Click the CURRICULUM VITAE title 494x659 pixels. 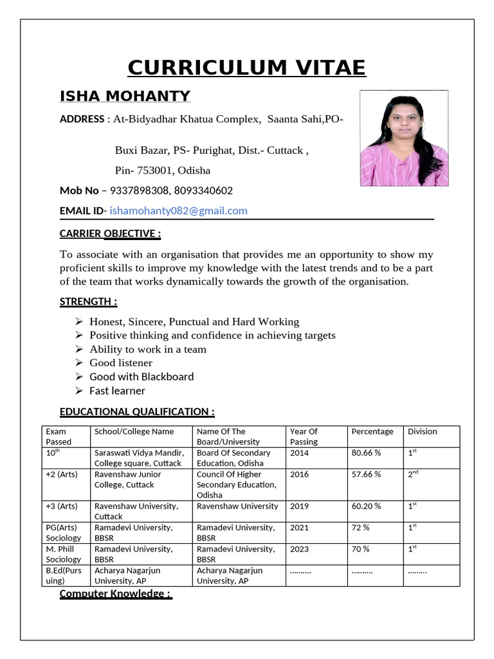click(x=246, y=68)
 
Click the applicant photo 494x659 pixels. click(x=403, y=138)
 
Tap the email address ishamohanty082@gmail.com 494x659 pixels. click(x=178, y=210)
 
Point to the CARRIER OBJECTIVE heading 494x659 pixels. click(x=110, y=233)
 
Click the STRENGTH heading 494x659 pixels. click(x=88, y=302)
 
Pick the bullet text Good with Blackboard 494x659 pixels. click(x=142, y=376)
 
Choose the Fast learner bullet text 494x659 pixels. click(x=117, y=391)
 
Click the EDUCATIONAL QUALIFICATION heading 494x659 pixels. click(x=137, y=412)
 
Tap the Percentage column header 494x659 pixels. click(x=372, y=431)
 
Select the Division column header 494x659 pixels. click(x=422, y=431)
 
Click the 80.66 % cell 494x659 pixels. click(x=366, y=453)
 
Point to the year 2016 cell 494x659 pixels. click(x=299, y=474)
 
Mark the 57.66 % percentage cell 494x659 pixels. click(x=366, y=474)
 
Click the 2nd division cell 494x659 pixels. click(x=413, y=474)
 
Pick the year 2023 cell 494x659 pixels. click(x=299, y=549)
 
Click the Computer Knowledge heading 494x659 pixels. click(x=115, y=593)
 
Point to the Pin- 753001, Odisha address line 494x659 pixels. click(x=162, y=171)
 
